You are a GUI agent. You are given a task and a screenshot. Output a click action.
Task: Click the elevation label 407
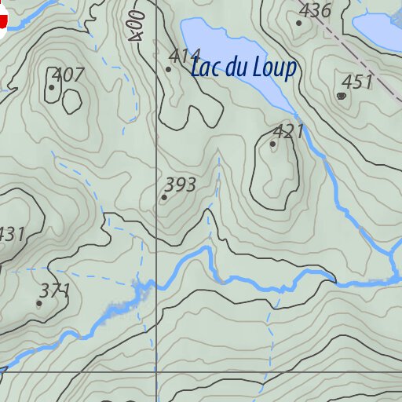(x=69, y=75)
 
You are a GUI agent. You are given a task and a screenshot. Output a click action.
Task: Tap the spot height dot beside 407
(x=51, y=87)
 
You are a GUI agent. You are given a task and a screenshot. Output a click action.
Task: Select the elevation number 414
(x=185, y=57)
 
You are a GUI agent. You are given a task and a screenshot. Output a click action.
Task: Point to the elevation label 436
(x=315, y=11)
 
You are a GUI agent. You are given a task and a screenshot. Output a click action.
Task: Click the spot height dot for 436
(x=298, y=23)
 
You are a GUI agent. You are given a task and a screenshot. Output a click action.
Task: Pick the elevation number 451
(x=356, y=82)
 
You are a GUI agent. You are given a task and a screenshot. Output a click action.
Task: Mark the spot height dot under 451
(x=341, y=96)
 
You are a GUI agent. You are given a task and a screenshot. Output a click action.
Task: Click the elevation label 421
(x=288, y=132)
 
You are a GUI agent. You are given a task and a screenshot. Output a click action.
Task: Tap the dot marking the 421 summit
(x=272, y=144)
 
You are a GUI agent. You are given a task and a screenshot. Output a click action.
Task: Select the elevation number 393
(x=180, y=185)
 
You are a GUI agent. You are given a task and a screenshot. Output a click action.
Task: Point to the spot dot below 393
(x=164, y=197)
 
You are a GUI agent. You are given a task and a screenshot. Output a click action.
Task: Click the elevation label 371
(x=55, y=291)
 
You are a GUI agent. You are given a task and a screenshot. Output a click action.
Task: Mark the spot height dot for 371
(x=39, y=303)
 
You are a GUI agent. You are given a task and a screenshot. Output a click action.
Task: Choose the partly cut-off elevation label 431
(x=11, y=234)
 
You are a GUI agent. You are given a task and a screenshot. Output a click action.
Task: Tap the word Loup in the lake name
(x=276, y=68)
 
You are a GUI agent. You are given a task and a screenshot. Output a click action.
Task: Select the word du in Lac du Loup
(x=236, y=68)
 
